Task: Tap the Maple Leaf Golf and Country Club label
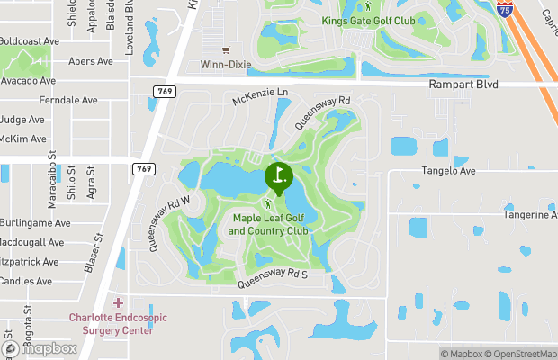[269, 224]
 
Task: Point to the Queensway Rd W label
[169, 223]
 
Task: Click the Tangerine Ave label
[529, 215]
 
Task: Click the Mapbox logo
[38, 348]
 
